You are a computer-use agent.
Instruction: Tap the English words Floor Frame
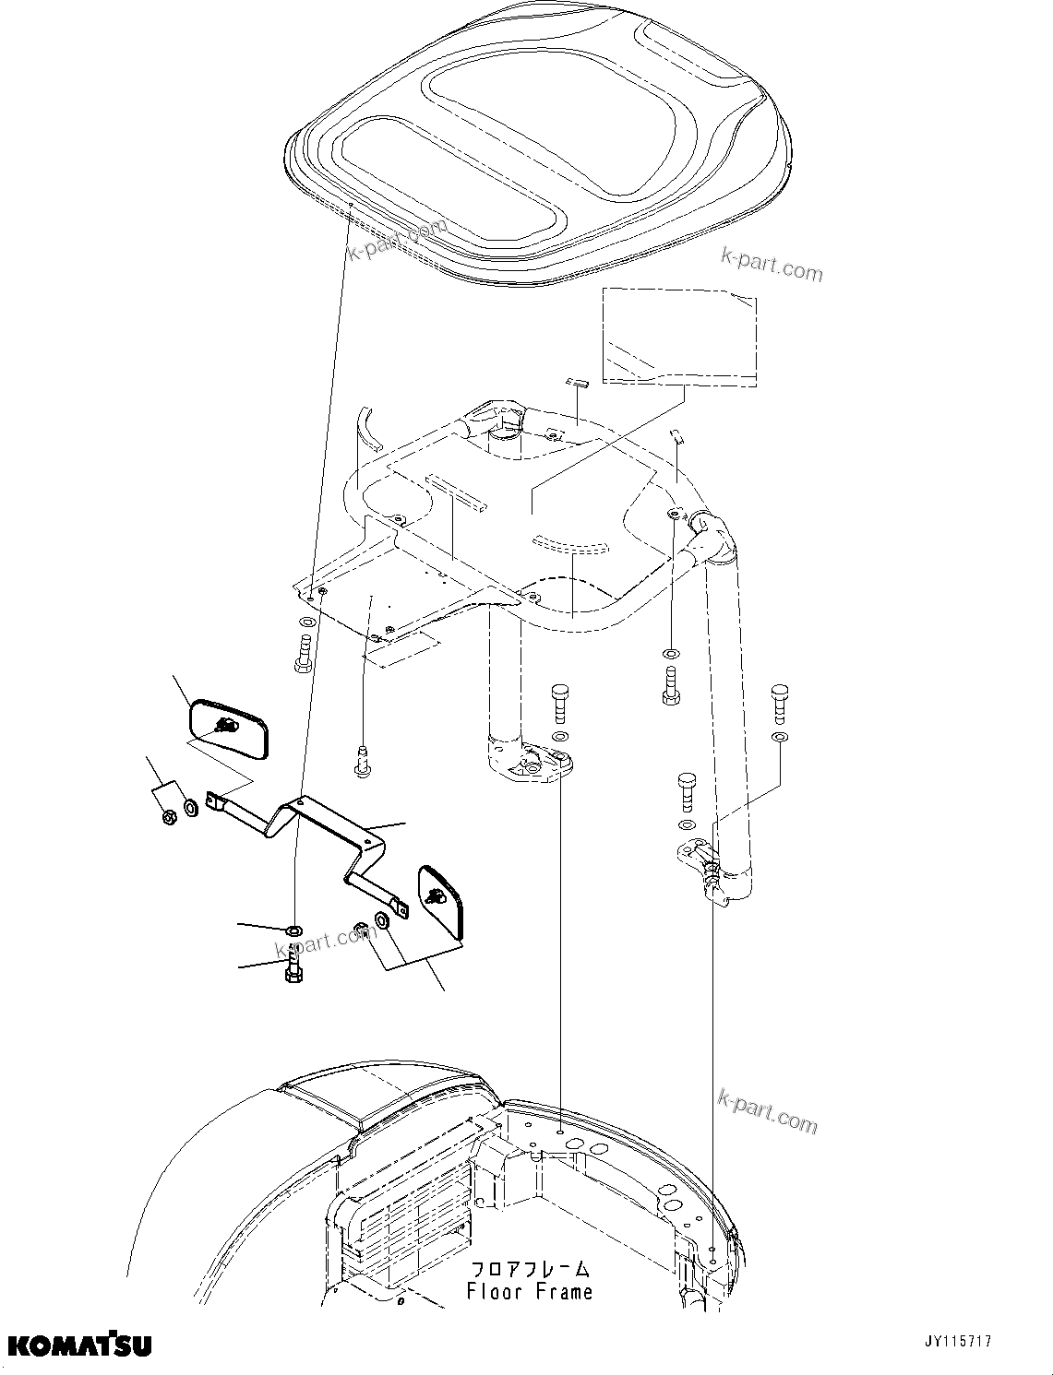pos(529,1292)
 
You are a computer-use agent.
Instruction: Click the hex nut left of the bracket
pos(169,817)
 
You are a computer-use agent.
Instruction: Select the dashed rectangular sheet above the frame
pos(678,334)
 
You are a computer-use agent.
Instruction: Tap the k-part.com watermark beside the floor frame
pos(767,1110)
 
